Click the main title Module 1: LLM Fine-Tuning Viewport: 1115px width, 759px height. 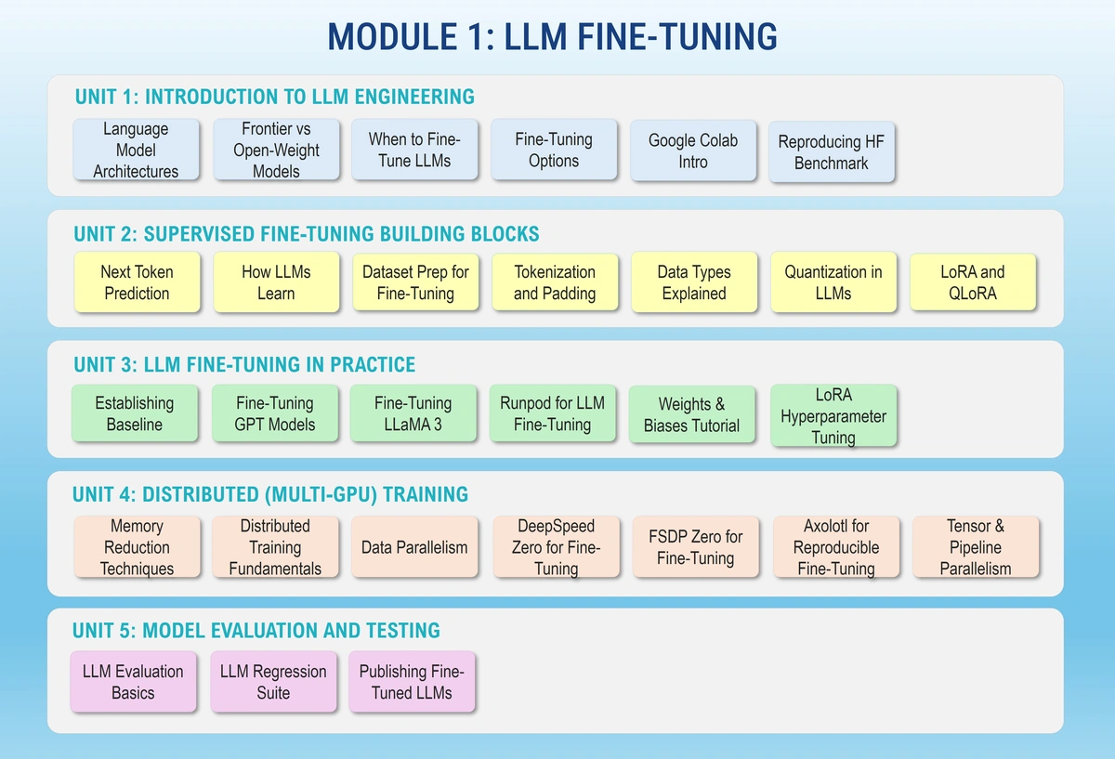click(553, 36)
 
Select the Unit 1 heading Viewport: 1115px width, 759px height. click(274, 97)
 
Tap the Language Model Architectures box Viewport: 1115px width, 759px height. click(136, 150)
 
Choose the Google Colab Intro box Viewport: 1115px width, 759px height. click(692, 150)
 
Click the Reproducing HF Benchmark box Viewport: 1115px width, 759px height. click(831, 152)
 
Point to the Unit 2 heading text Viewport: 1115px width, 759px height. click(307, 233)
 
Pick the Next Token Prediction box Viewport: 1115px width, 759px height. click(137, 282)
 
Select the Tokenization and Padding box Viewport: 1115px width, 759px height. click(554, 282)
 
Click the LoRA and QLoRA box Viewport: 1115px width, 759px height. click(972, 282)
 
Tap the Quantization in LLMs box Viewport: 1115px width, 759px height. click(833, 282)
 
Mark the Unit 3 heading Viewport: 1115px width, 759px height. click(244, 364)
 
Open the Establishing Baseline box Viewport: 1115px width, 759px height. click(134, 413)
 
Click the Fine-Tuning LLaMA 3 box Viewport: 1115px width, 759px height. click(413, 413)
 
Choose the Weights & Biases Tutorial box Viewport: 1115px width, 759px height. click(691, 414)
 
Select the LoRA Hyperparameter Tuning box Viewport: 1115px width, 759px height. click(833, 415)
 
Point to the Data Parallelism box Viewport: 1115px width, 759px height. click(413, 546)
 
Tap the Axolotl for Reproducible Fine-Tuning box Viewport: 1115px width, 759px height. click(835, 546)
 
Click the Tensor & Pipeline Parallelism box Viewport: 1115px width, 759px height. click(975, 546)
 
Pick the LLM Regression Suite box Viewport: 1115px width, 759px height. click(273, 682)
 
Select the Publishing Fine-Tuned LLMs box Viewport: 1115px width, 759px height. click(411, 682)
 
